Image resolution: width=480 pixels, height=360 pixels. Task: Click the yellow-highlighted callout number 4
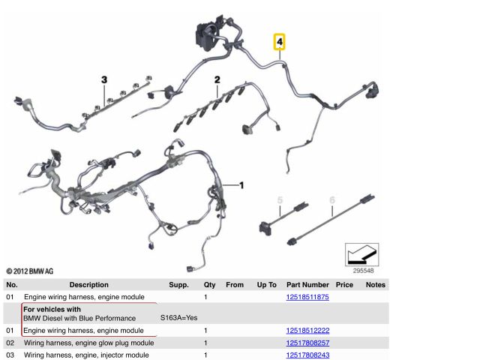[279, 42]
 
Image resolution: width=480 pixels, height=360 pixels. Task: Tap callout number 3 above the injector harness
[104, 79]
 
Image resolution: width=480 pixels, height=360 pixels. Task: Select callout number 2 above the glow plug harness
[217, 79]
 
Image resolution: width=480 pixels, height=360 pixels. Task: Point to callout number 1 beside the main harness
[241, 185]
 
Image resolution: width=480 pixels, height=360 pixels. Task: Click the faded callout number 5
[280, 200]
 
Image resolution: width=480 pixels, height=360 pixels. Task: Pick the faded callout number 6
[332, 200]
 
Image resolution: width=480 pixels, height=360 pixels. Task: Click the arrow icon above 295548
[361, 255]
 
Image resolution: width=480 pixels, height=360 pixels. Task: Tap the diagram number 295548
[363, 271]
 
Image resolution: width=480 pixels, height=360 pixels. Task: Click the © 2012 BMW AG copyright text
[30, 271]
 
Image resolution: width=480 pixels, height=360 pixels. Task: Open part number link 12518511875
[307, 297]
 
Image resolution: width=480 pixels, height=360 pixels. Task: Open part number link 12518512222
[307, 331]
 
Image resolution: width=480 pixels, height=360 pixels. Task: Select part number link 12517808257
[307, 343]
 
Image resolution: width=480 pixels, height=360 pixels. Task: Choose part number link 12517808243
[307, 355]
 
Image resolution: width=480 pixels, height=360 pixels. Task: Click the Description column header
[88, 285]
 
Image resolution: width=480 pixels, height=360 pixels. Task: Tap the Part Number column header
[307, 285]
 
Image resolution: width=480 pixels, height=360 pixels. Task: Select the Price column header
[344, 285]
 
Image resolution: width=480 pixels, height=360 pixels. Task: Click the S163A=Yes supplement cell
[178, 318]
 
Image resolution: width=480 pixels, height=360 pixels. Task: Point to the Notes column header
[376, 285]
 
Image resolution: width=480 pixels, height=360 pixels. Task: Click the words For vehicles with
[52, 309]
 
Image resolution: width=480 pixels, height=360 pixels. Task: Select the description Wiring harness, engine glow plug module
[88, 343]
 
